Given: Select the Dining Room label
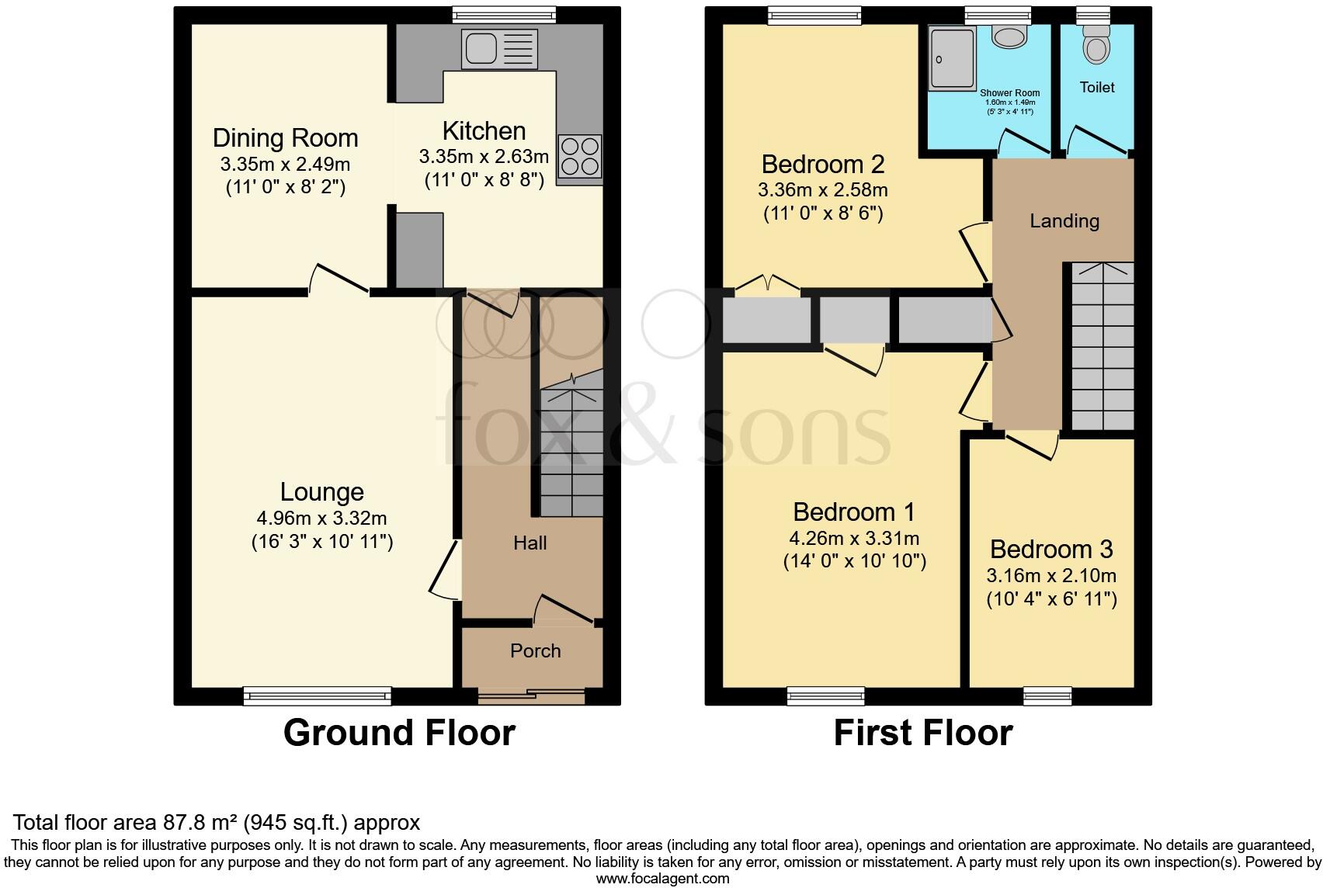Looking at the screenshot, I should point(285,138).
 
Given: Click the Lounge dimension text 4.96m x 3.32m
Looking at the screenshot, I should point(321,518).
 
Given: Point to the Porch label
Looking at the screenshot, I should point(535,650).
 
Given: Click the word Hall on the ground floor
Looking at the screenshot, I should point(530,543).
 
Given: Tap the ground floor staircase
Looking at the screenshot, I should point(571,450).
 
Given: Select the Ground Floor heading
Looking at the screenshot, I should point(399,733).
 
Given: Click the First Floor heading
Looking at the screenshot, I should point(923,733).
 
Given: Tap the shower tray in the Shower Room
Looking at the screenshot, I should point(952,58).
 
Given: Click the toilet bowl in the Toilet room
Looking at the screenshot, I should point(1096,47).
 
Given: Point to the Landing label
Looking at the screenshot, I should point(1064,221).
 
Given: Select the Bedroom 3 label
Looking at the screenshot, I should point(1051,549).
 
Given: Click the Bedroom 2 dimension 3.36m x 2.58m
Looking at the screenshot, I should point(823,189).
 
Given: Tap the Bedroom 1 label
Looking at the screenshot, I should point(854,512).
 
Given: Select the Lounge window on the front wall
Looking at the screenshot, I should point(318,695).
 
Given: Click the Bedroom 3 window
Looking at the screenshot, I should point(1047,695).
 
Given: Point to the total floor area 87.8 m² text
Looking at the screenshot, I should point(217,822).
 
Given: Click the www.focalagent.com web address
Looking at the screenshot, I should point(662,879).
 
